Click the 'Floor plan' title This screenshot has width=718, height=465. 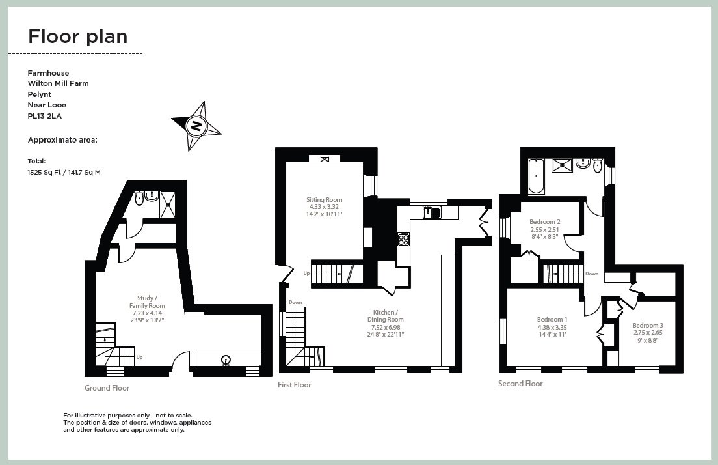(77, 36)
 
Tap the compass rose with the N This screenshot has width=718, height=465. (195, 125)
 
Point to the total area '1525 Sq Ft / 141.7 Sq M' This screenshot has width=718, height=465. (64, 172)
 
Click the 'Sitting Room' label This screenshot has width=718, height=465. (325, 200)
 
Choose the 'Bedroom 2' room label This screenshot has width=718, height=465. (544, 222)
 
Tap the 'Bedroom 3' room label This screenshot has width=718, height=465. (648, 325)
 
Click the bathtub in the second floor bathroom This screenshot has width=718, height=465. (536, 175)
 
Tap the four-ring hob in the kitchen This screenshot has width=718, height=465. (403, 240)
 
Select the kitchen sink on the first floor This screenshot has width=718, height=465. (432, 211)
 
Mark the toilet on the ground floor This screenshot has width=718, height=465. (139, 200)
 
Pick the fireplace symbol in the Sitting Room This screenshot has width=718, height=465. (325, 158)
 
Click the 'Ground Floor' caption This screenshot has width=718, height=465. (107, 388)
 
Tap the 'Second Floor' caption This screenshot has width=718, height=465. (520, 384)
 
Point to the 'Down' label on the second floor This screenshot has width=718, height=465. (591, 274)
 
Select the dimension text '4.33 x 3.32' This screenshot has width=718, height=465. (325, 207)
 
